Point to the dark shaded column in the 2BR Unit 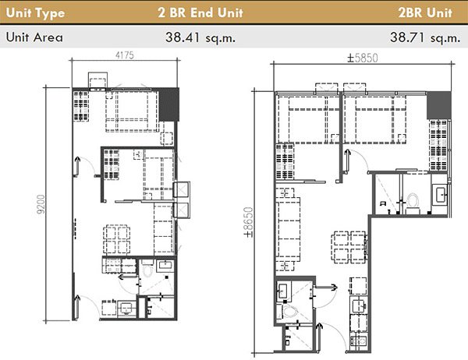[441, 104]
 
